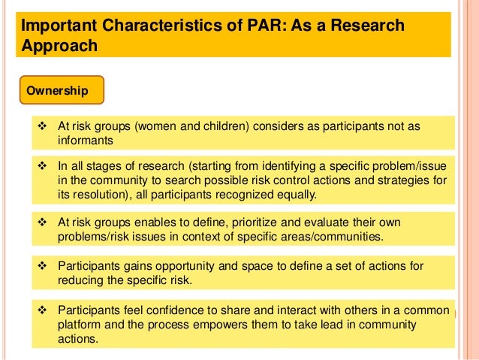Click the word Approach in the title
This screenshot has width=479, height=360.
click(59, 46)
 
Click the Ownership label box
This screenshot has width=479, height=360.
click(57, 91)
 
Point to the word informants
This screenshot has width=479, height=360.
click(85, 140)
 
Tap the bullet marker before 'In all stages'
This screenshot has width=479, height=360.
click(43, 166)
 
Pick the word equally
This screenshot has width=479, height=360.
click(293, 195)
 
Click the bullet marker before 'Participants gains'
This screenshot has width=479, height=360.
click(43, 265)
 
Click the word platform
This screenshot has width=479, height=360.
click(78, 325)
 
